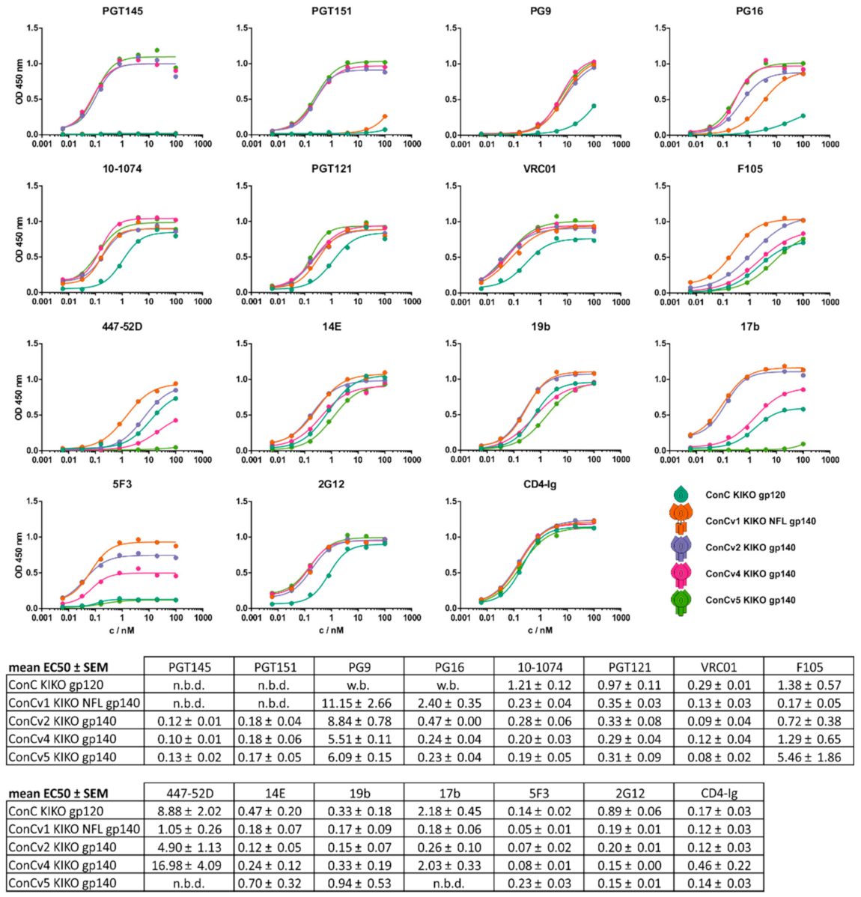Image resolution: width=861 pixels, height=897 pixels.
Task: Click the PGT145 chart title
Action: pyautogui.click(x=122, y=11)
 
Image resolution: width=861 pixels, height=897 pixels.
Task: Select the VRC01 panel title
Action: pyautogui.click(x=540, y=168)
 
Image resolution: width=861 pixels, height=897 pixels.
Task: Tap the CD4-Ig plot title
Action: pyautogui.click(x=540, y=484)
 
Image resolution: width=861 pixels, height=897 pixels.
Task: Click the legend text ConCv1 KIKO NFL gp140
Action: pyautogui.click(x=760, y=521)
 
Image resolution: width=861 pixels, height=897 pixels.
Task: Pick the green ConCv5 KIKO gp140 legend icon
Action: pyautogui.click(x=681, y=602)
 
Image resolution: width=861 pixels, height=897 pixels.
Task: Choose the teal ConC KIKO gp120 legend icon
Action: pyautogui.click(x=681, y=494)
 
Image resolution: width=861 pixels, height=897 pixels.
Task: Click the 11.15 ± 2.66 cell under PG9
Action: pyautogui.click(x=449, y=703)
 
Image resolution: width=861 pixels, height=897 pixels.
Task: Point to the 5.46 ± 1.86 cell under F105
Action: pyautogui.click(x=809, y=757)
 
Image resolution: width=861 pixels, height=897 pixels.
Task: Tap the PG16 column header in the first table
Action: pyautogui.click(x=449, y=667)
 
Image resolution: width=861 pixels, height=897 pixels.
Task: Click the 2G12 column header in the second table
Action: pyautogui.click(x=630, y=793)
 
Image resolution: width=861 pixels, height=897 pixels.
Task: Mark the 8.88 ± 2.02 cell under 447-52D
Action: pyautogui.click(x=189, y=811)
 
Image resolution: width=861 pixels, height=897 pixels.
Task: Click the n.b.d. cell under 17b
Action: pyautogui.click(x=449, y=883)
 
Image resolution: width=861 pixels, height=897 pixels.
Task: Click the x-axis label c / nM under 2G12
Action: pyautogui.click(x=331, y=630)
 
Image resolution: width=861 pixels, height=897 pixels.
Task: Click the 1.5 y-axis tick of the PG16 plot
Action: pyautogui.click(x=661, y=28)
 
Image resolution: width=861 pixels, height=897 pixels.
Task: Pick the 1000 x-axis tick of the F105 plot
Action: pyautogui.click(x=830, y=302)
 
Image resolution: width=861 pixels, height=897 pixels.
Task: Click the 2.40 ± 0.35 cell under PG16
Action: pyautogui.click(x=449, y=703)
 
